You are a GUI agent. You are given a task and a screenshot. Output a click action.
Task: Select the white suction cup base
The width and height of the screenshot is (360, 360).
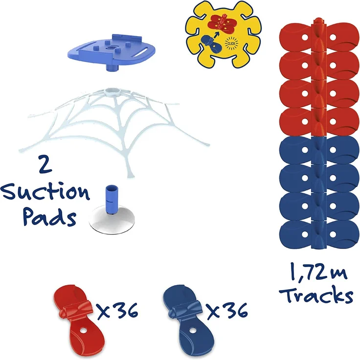tap(112, 220)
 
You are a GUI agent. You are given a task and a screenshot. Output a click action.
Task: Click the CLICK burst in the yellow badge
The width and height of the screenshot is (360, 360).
tap(231, 43)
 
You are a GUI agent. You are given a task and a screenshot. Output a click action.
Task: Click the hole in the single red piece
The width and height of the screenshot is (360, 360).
tap(83, 331)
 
